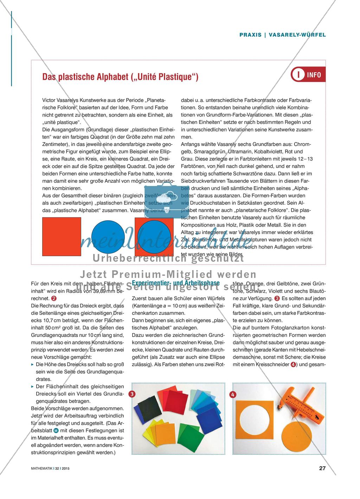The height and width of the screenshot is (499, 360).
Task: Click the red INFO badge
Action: pos(306,75)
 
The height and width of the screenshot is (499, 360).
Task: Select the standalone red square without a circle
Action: pos(62,236)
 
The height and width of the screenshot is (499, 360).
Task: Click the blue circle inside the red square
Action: pos(154,236)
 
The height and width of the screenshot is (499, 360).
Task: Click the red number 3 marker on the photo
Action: pos(132,394)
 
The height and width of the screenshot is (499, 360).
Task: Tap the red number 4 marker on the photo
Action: pos(232,394)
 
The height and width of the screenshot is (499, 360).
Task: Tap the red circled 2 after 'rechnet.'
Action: pos(54,298)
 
